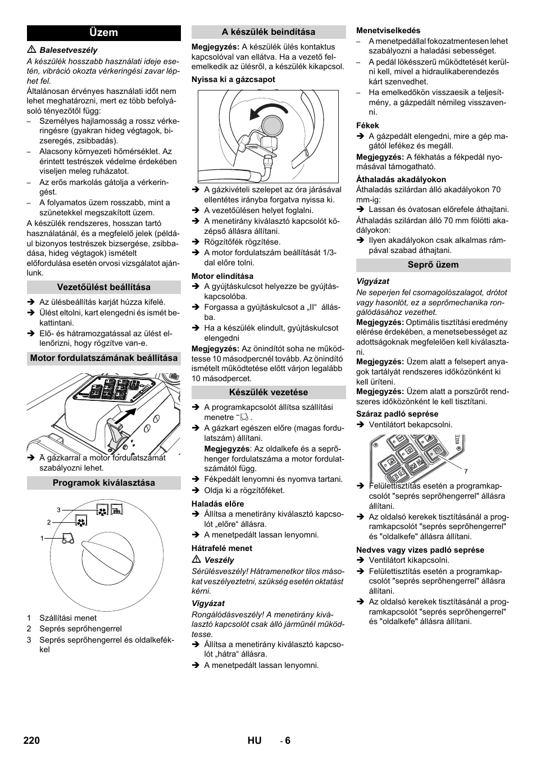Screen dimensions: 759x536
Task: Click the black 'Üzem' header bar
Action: tap(104, 33)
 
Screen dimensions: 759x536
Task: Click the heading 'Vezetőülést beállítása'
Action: tap(104, 287)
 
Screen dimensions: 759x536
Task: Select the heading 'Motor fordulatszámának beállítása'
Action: tap(104, 358)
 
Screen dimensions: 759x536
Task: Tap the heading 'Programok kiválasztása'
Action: tap(104, 483)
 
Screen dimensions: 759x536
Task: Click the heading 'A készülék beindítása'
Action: tap(269, 32)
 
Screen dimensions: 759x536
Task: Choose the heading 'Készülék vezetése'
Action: tap(269, 392)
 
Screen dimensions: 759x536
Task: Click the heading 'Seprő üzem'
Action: tap(433, 265)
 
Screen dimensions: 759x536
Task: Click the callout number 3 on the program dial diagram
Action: tap(58, 510)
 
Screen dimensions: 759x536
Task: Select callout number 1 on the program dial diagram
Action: tap(42, 539)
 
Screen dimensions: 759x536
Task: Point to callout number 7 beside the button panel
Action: tap(466, 471)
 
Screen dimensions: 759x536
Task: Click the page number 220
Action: tap(32, 740)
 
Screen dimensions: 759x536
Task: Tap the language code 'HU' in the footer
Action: tap(254, 740)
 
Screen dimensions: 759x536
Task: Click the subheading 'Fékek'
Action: tap(367, 126)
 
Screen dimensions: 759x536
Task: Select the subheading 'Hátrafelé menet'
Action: tap(222, 548)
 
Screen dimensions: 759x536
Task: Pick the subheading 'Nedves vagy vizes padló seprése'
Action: tap(420, 550)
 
